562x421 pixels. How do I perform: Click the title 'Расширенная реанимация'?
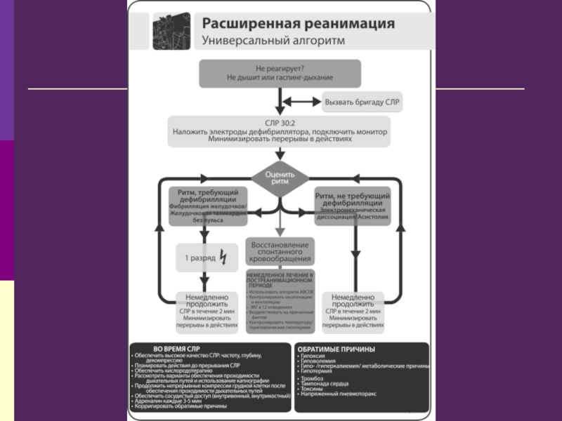pyautogui.click(x=298, y=23)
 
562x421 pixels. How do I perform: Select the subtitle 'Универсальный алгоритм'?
pyautogui.click(x=274, y=41)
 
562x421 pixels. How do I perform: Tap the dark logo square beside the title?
pyautogui.click(x=171, y=31)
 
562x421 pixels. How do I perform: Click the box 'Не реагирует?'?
pyautogui.click(x=280, y=73)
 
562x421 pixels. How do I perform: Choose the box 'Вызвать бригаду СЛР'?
pyautogui.click(x=362, y=102)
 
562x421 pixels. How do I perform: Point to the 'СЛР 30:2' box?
pyautogui.click(x=279, y=131)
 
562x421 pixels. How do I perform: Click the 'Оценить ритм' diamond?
pyautogui.click(x=280, y=178)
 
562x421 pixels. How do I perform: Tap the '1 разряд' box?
pyautogui.click(x=204, y=258)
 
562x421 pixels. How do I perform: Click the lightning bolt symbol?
pyautogui.click(x=223, y=258)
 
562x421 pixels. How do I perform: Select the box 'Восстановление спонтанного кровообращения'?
pyautogui.click(x=280, y=250)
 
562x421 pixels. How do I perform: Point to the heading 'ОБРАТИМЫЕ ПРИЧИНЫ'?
pyautogui.click(x=336, y=349)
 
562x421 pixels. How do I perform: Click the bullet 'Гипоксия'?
pyautogui.click(x=314, y=356)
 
